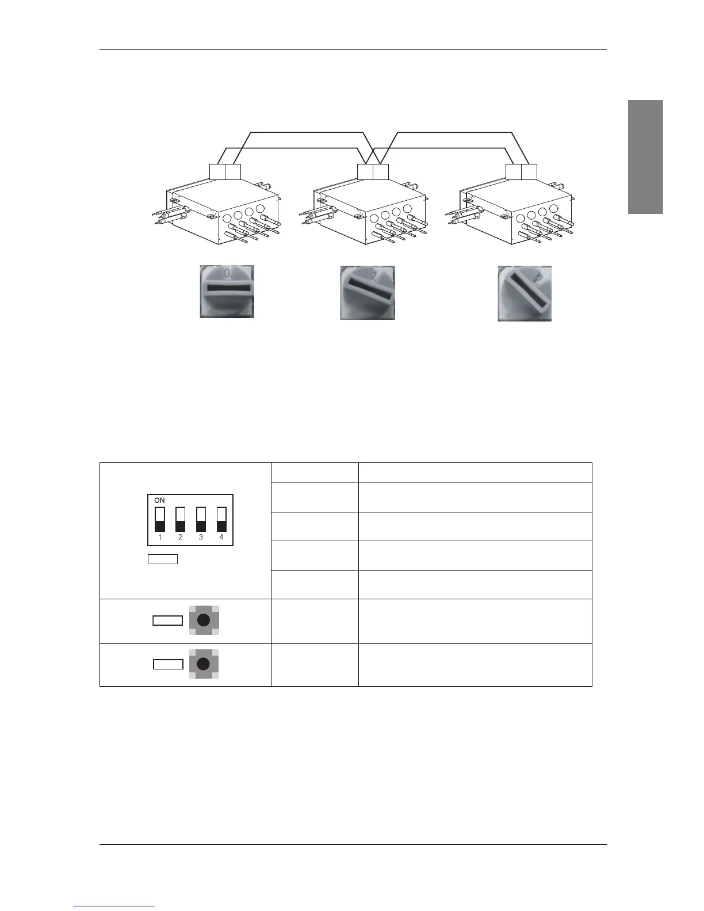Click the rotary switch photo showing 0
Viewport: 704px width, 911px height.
(227, 291)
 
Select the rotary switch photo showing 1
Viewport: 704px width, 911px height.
(368, 292)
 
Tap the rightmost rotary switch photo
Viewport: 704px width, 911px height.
(525, 293)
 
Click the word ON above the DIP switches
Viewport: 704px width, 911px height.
(160, 500)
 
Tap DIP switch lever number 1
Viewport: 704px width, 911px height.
(160, 519)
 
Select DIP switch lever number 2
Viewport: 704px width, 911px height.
(181, 519)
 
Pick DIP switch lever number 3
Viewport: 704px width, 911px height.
(201, 519)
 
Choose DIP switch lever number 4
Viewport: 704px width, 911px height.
(221, 519)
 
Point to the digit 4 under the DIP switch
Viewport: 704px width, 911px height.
(221, 538)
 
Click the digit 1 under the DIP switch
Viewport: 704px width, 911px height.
(160, 538)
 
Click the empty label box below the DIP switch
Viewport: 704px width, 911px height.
(163, 559)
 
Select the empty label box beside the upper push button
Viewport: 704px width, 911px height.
(168, 621)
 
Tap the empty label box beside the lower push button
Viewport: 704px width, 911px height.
(168, 664)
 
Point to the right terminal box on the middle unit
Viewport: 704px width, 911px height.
(381, 172)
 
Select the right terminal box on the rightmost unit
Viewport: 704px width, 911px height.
(529, 172)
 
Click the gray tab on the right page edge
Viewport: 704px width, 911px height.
(645, 157)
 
